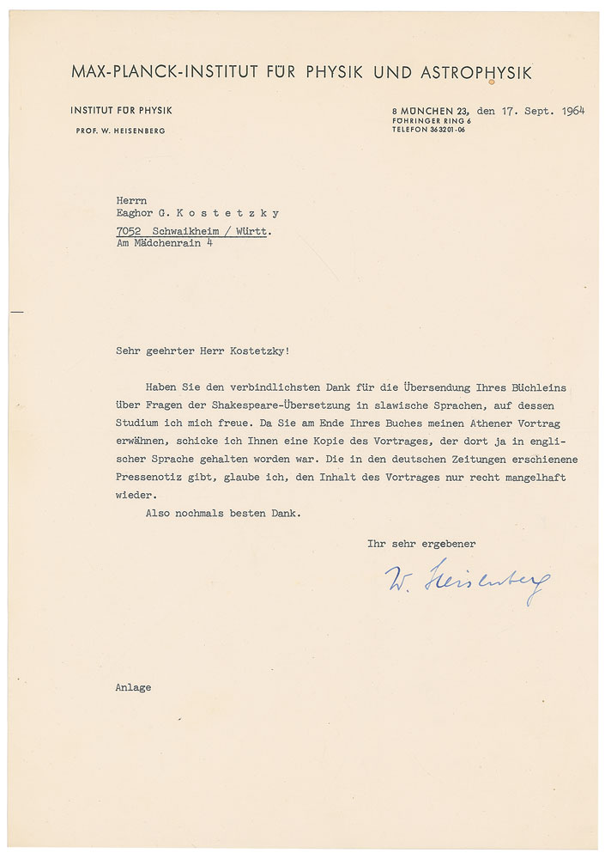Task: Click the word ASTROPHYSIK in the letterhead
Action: point(476,73)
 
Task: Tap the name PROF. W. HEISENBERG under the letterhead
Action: point(118,131)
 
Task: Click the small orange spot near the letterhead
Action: point(491,82)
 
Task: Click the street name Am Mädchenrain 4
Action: point(165,243)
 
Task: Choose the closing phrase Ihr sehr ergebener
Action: point(421,544)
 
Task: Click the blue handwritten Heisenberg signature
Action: point(468,582)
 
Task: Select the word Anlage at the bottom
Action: point(133,687)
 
